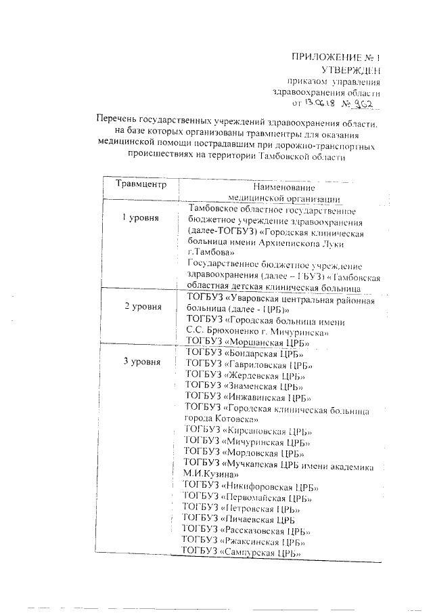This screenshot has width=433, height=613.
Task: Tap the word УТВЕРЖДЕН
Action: click(350, 69)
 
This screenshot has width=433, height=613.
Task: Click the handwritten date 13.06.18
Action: click(320, 104)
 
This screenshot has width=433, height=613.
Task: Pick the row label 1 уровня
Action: click(140, 218)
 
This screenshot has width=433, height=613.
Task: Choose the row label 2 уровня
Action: click(142, 306)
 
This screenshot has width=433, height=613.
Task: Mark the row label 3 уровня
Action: click(142, 362)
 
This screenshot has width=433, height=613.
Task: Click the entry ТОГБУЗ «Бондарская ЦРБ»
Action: click(244, 354)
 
